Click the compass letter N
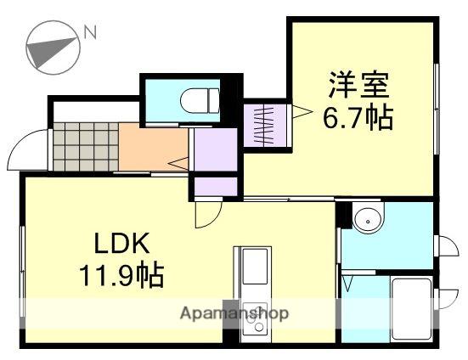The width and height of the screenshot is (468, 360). [90, 32]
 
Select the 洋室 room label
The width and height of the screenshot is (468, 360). [358, 84]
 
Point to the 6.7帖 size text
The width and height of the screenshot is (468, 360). [358, 117]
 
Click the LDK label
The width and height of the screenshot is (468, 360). [121, 244]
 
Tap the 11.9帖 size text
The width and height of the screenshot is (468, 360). [121, 273]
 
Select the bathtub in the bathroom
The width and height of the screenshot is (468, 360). [412, 308]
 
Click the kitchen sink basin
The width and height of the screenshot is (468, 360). [255, 266]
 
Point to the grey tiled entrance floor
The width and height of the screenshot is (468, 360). [86, 147]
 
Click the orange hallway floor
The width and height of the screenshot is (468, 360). [153, 147]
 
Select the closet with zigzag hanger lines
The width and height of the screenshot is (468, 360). [265, 126]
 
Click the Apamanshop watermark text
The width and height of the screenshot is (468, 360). [234, 313]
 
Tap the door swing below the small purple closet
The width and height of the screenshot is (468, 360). [209, 214]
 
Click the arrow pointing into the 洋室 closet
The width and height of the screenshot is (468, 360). [302, 111]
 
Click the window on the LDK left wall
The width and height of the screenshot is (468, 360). [22, 272]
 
